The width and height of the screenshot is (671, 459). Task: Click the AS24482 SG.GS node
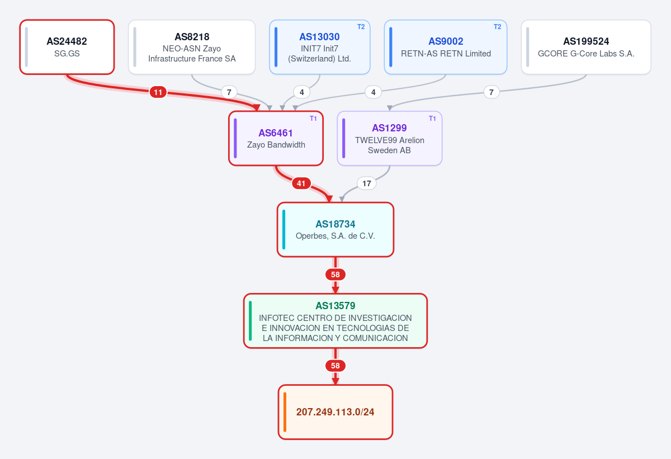(67, 47)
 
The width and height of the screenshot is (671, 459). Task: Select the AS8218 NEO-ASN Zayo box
(192, 47)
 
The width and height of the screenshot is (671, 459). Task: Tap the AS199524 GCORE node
(586, 47)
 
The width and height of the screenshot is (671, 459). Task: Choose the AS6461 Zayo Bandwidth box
(276, 138)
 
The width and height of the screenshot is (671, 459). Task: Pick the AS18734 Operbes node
(335, 230)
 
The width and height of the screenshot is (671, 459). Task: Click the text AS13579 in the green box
(335, 306)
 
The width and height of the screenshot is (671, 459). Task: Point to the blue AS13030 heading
(320, 37)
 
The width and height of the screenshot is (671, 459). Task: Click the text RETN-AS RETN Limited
(446, 54)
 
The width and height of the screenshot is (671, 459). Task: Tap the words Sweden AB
(389, 150)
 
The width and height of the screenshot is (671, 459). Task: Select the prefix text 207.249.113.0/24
(335, 412)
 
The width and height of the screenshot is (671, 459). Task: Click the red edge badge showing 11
(158, 92)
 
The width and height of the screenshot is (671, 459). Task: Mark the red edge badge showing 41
(301, 183)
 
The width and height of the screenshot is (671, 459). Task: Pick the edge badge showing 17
(367, 183)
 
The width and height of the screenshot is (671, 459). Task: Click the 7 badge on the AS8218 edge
(229, 92)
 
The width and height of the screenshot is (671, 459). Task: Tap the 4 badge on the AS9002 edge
(374, 92)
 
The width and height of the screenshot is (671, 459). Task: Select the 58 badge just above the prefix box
(335, 366)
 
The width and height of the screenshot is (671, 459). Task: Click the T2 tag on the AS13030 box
(361, 27)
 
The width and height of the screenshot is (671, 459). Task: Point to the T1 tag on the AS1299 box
(432, 119)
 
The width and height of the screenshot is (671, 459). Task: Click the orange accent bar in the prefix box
(285, 412)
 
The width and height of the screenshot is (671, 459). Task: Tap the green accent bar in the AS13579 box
(251, 321)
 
